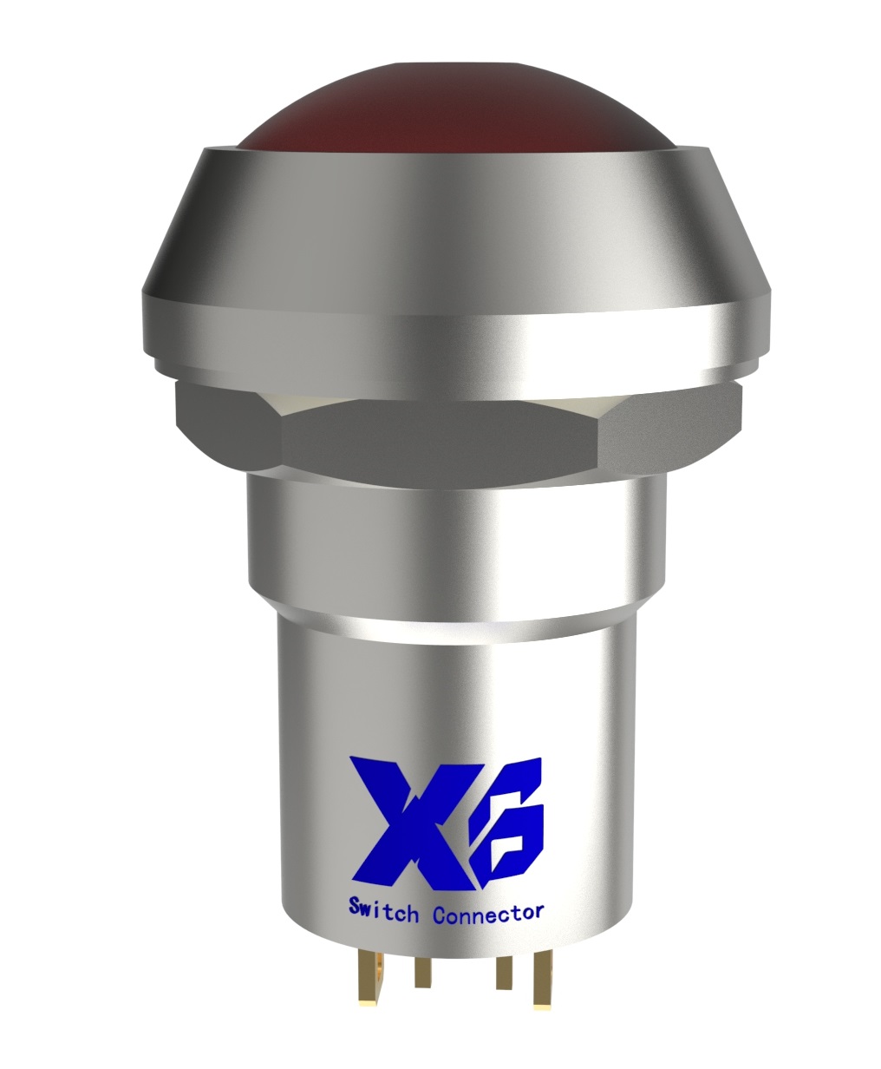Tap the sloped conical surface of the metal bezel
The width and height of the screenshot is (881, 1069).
pos(451,217)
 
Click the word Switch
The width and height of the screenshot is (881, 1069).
pos(383,911)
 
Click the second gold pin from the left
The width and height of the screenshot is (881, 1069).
pos(422,973)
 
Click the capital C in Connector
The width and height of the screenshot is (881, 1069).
pos(439,914)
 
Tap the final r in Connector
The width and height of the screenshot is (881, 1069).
pos(538,912)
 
